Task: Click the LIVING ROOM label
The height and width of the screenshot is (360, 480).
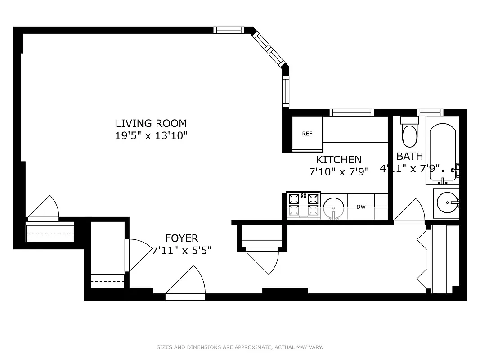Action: click(151, 123)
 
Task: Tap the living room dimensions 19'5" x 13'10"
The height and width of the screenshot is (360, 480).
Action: click(151, 135)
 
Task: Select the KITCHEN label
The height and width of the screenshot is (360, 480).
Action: click(338, 160)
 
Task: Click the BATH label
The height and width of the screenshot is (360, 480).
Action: click(409, 156)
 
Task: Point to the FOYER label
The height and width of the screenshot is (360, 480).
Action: click(181, 238)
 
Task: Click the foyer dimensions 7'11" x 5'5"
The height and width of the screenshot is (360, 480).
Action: click(181, 251)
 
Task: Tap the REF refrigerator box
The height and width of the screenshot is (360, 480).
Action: click(307, 134)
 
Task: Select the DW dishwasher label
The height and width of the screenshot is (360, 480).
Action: click(361, 207)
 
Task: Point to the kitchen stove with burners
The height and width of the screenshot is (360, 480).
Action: click(304, 205)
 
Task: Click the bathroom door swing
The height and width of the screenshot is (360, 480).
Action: click(410, 211)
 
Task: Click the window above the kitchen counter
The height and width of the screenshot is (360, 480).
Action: click(351, 112)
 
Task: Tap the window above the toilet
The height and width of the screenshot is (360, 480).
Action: click(430, 112)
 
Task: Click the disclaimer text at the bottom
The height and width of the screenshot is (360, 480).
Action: click(240, 347)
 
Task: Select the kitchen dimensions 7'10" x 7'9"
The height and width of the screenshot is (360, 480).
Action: click(338, 171)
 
